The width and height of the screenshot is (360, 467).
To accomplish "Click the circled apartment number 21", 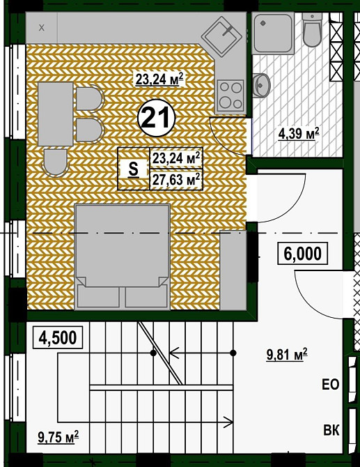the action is (x=157, y=118).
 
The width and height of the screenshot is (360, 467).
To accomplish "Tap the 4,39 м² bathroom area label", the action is (x=299, y=133).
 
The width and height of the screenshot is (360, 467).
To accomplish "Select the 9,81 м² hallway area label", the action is (x=287, y=355).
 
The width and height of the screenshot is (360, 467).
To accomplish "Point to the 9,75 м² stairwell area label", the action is (x=58, y=437).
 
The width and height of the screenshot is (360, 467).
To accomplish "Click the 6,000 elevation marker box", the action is (x=303, y=254).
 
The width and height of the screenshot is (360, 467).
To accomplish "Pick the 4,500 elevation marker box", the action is (x=57, y=338).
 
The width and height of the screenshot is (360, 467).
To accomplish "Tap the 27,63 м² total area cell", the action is (x=176, y=180).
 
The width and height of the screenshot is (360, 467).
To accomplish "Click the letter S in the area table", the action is (x=134, y=169).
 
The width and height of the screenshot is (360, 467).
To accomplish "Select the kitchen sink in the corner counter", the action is (x=224, y=36).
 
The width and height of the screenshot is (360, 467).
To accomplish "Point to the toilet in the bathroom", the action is (x=312, y=30).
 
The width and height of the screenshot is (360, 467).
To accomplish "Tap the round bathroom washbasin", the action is (x=262, y=85).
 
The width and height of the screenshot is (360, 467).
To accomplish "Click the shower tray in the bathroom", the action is (x=273, y=33).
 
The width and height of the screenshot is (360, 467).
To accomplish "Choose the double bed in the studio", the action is (x=123, y=257).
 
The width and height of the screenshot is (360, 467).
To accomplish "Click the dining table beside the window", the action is (x=56, y=114).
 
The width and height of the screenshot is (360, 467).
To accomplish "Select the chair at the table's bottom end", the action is (x=55, y=162).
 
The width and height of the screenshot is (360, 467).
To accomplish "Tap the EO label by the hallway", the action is (x=331, y=385).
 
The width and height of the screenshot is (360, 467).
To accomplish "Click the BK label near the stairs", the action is (x=331, y=431).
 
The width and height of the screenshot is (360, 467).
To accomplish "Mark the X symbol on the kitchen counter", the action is (x=42, y=28).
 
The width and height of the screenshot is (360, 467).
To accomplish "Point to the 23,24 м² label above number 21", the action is (x=159, y=79).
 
